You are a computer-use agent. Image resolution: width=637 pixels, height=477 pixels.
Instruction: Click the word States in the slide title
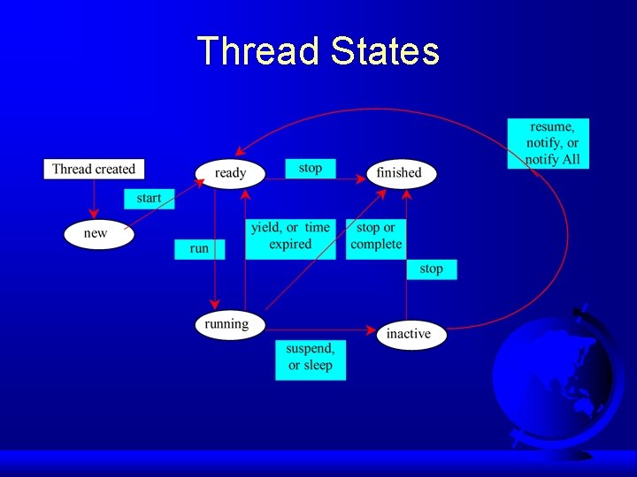[385, 51]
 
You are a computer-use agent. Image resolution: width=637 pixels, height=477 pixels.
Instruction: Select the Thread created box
[94, 169]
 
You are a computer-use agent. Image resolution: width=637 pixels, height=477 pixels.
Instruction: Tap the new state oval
[97, 234]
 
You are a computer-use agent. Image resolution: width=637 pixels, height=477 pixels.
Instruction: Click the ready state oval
[230, 172]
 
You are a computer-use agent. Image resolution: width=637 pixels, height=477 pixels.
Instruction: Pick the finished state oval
[401, 172]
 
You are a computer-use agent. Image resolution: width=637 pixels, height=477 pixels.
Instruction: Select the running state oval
[228, 324]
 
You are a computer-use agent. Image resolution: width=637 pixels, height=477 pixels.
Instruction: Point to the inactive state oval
[409, 334]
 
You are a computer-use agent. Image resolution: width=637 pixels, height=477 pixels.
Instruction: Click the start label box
[149, 198]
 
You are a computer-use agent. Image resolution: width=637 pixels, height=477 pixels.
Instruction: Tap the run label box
[199, 248]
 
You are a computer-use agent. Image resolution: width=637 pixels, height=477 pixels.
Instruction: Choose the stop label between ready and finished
[311, 168]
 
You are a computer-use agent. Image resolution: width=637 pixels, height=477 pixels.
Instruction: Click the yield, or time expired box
[290, 237]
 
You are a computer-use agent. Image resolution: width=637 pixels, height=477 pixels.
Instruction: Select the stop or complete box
[376, 237]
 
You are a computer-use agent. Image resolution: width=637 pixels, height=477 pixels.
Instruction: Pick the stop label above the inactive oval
[432, 269]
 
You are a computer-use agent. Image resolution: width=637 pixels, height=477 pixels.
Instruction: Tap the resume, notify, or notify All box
[549, 143]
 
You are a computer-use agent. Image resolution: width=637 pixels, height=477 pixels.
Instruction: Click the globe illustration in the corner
[557, 380]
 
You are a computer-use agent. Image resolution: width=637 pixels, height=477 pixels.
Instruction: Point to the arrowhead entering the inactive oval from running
[372, 331]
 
